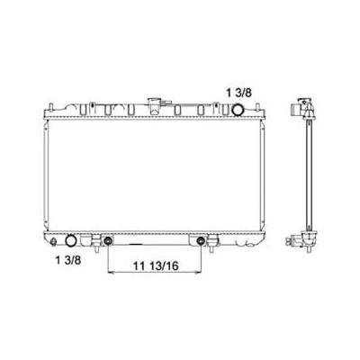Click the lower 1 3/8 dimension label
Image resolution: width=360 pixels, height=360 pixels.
coord(58,261)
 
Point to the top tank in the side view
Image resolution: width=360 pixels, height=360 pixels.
coord(307,112)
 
